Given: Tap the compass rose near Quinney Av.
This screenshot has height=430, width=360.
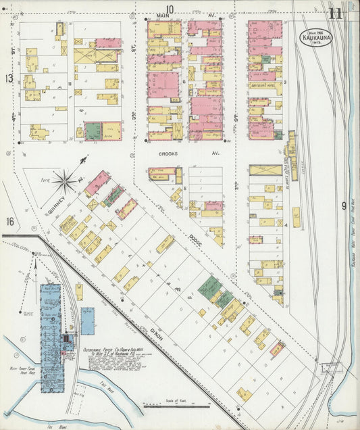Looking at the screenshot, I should [66, 181].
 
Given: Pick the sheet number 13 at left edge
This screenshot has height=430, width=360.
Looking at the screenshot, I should [9, 78].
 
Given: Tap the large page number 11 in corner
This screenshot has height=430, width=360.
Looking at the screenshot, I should [336, 13].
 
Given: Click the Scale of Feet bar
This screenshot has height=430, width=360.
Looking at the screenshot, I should [173, 406].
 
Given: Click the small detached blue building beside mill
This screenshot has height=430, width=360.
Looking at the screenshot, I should [88, 321].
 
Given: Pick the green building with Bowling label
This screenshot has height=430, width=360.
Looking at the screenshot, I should [93, 130].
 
